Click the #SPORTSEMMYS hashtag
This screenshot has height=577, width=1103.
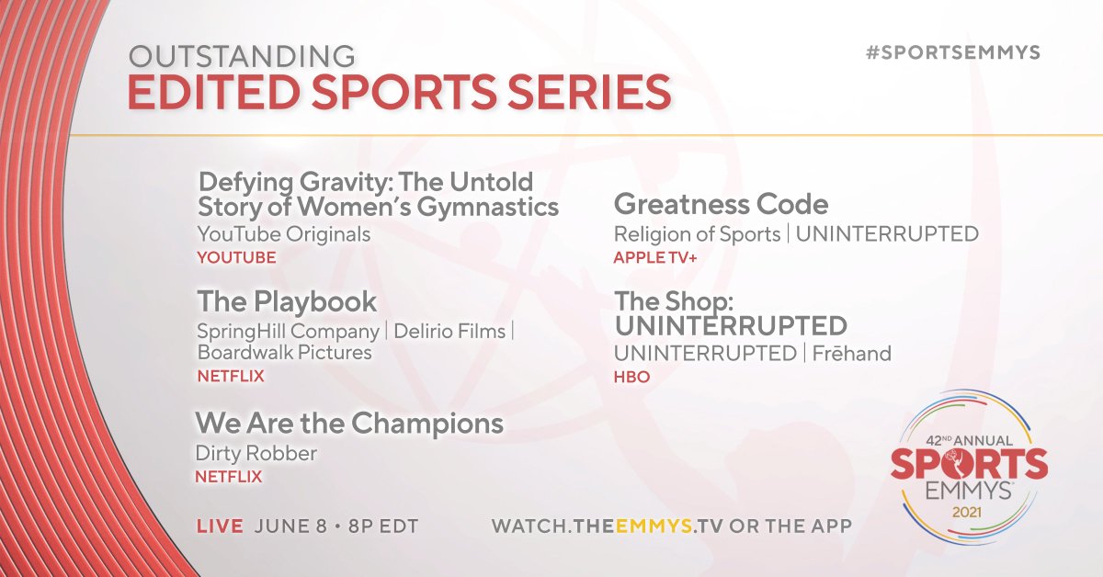(953, 52)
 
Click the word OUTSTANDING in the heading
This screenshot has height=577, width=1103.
(242, 56)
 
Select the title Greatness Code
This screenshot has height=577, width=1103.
(721, 203)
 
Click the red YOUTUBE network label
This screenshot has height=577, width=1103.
(236, 258)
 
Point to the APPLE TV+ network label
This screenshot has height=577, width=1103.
(654, 258)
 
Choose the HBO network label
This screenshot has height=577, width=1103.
(631, 377)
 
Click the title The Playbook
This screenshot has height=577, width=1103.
(287, 302)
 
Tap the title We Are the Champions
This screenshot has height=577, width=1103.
(349, 424)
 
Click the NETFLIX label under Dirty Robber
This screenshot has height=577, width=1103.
(228, 477)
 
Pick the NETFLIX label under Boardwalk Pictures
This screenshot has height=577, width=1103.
(231, 376)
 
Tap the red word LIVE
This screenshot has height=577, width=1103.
(221, 526)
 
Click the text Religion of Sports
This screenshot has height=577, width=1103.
(697, 234)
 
